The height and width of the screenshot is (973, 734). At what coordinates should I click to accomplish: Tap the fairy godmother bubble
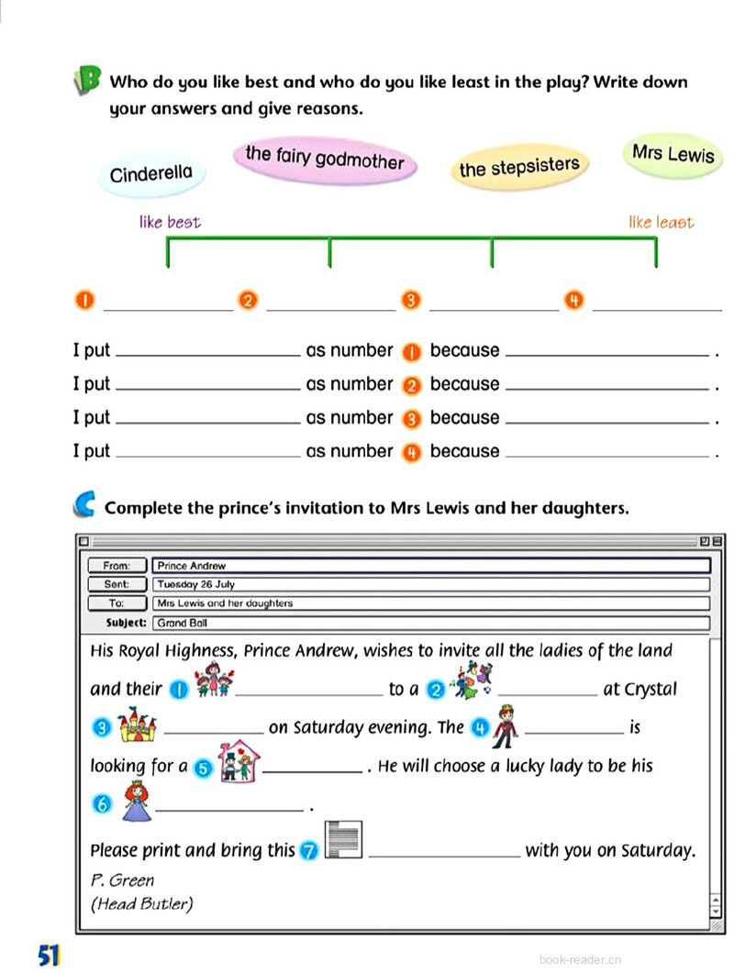pyautogui.click(x=325, y=159)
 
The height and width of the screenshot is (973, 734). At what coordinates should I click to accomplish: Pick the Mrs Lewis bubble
pyautogui.click(x=673, y=153)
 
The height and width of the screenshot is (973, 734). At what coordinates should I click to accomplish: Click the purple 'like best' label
pyautogui.click(x=170, y=222)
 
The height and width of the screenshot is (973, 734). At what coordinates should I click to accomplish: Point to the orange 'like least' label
pyautogui.click(x=661, y=222)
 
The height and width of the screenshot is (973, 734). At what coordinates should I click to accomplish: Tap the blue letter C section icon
pyautogui.click(x=84, y=503)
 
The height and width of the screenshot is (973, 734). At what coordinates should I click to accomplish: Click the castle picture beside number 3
pyautogui.click(x=138, y=724)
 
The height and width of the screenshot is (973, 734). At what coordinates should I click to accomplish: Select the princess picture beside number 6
pyautogui.click(x=136, y=801)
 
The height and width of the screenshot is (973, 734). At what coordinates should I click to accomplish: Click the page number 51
pyautogui.click(x=49, y=955)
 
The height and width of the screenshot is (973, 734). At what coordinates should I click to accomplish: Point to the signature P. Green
pyautogui.click(x=122, y=880)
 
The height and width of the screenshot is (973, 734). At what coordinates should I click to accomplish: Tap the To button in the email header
pyautogui.click(x=117, y=603)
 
